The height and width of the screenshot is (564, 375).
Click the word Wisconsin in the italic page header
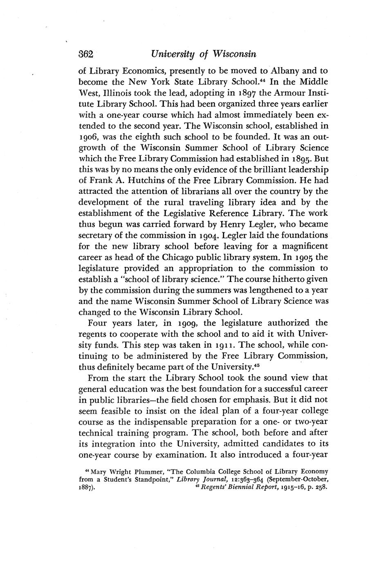coord(233,54)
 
